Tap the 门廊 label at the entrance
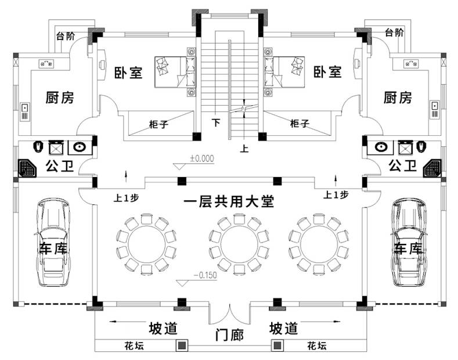tap(229, 336)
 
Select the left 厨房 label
tap(60, 98)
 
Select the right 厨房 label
tap(398, 98)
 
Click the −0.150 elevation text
tap(204, 275)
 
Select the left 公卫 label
tap(60, 167)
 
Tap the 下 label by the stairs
tap(216, 123)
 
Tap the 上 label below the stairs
tap(244, 149)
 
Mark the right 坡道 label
tap(284, 329)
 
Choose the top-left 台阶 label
tap(65, 35)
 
